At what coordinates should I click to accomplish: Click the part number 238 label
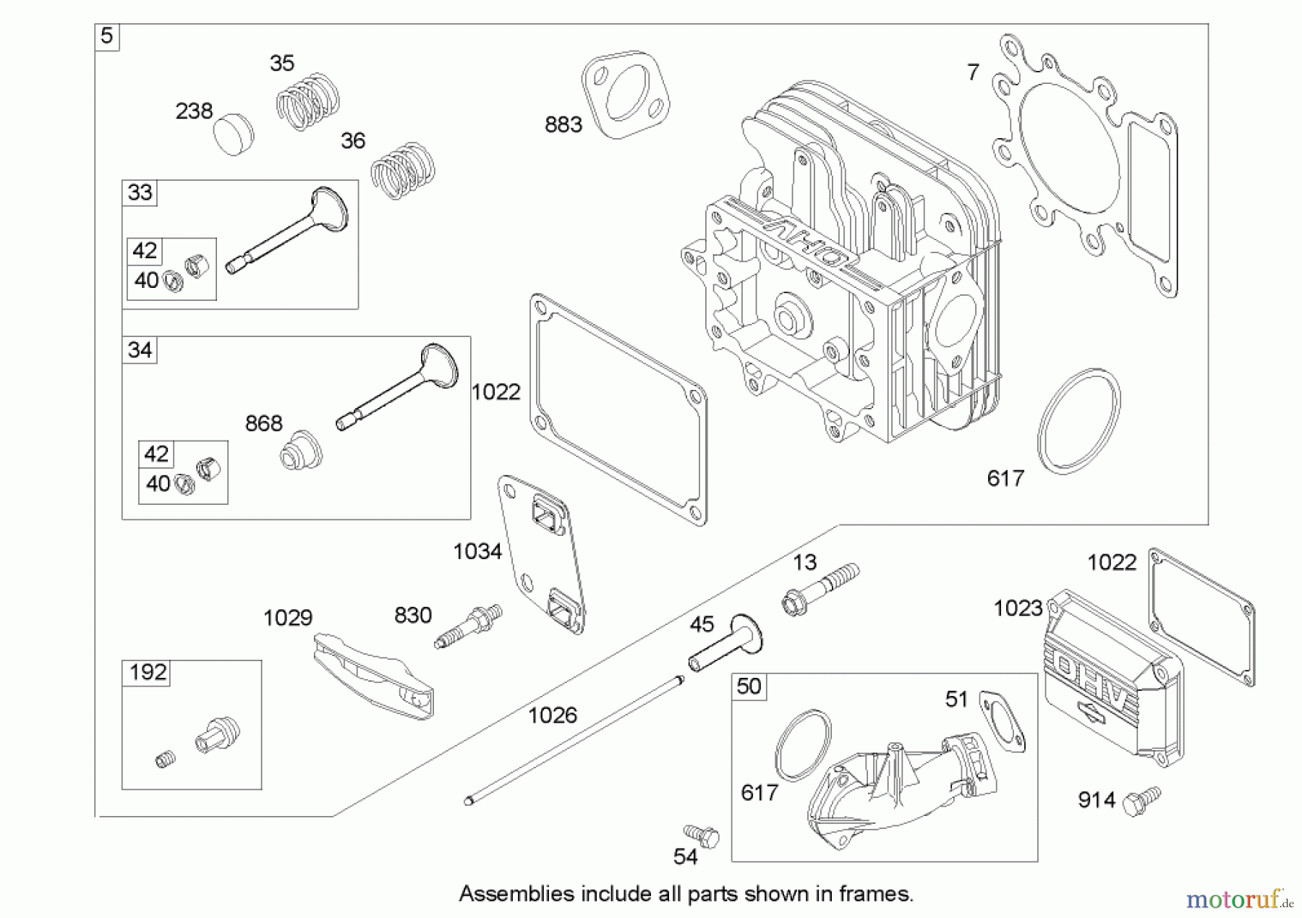click(194, 111)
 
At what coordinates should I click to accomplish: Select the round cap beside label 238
click(234, 134)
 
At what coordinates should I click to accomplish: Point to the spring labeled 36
click(403, 170)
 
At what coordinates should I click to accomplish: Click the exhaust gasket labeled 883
click(626, 94)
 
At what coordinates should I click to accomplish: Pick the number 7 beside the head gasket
click(973, 72)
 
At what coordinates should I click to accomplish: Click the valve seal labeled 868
click(300, 450)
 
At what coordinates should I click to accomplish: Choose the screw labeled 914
click(1141, 801)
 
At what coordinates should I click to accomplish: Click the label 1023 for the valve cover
click(1018, 609)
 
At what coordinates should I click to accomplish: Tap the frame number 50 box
click(749, 686)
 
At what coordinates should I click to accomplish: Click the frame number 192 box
click(148, 673)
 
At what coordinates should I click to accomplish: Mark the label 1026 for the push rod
click(553, 715)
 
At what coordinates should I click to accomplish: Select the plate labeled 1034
click(542, 553)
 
